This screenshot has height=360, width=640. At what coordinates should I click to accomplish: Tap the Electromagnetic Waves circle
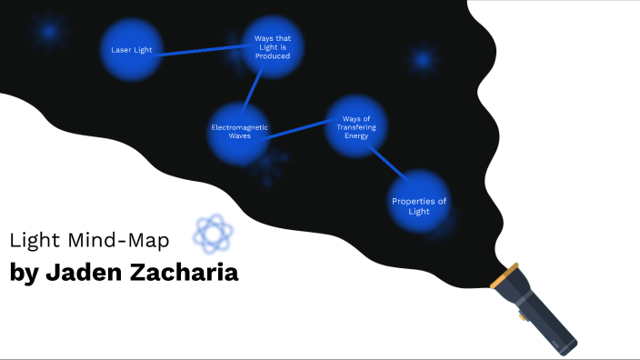point(239,131)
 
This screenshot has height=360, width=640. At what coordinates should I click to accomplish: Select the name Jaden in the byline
point(83,272)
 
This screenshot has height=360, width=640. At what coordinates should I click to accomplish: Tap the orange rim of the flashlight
point(505,276)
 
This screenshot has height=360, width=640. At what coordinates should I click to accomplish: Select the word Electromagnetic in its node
point(239,126)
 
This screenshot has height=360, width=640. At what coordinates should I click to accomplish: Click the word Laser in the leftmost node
point(118,50)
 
